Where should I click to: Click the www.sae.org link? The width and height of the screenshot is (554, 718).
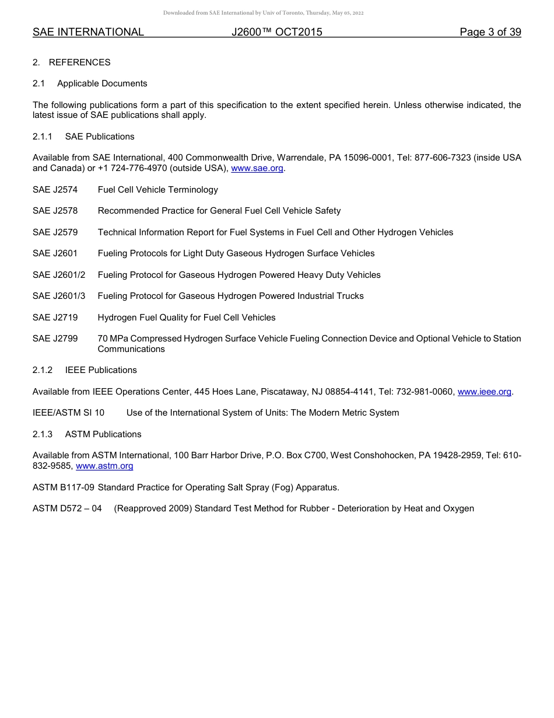click(257, 169)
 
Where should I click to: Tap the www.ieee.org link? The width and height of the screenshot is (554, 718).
click(484, 392)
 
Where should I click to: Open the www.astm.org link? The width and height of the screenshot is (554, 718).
click(104, 466)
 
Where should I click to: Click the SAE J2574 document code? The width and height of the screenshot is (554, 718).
click(55, 190)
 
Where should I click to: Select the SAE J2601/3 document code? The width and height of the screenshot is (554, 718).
click(59, 296)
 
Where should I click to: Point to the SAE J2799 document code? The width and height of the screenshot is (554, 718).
click(55, 339)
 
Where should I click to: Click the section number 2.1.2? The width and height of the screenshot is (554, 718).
click(43, 370)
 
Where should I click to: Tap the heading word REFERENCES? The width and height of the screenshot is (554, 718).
click(79, 62)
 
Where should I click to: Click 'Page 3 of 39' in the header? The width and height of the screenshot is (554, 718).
click(490, 32)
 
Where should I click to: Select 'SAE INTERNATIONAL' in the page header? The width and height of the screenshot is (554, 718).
click(88, 32)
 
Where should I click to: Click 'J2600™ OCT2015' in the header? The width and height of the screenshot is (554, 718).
click(276, 32)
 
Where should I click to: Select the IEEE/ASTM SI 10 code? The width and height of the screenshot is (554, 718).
click(69, 413)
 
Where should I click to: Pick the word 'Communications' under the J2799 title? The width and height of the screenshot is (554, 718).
click(131, 349)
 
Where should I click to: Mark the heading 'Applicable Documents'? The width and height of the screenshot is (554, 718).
click(102, 83)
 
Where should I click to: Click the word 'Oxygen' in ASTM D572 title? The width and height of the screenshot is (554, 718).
click(458, 508)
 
